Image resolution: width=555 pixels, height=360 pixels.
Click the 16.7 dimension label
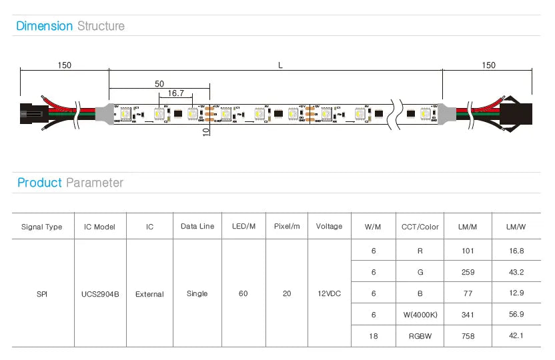(x=176, y=94)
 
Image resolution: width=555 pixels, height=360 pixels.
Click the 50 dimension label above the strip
(x=159, y=84)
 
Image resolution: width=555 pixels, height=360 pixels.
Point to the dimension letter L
(x=280, y=65)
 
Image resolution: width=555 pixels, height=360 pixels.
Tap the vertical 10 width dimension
(x=206, y=131)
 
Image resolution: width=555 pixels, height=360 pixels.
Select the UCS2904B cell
(x=100, y=294)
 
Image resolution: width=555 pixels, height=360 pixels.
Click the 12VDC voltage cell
(x=330, y=294)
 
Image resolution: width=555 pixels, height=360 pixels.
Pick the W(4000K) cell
(x=420, y=315)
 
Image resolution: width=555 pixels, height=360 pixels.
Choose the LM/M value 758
(x=468, y=336)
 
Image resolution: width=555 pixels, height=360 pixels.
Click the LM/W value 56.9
(x=516, y=315)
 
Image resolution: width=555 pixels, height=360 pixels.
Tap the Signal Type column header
(x=42, y=227)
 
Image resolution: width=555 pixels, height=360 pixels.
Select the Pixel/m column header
(x=287, y=227)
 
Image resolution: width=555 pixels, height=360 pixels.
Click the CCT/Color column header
(x=420, y=227)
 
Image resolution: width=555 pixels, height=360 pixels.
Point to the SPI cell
(x=42, y=294)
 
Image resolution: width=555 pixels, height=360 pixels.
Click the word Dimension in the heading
(x=45, y=26)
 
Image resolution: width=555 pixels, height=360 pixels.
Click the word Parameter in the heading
(x=95, y=183)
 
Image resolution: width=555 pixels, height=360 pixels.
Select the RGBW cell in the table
(x=420, y=336)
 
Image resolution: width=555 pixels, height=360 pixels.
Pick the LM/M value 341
(x=468, y=315)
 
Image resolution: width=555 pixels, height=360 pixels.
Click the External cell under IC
(x=149, y=294)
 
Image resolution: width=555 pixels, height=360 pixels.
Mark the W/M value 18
(x=374, y=336)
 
